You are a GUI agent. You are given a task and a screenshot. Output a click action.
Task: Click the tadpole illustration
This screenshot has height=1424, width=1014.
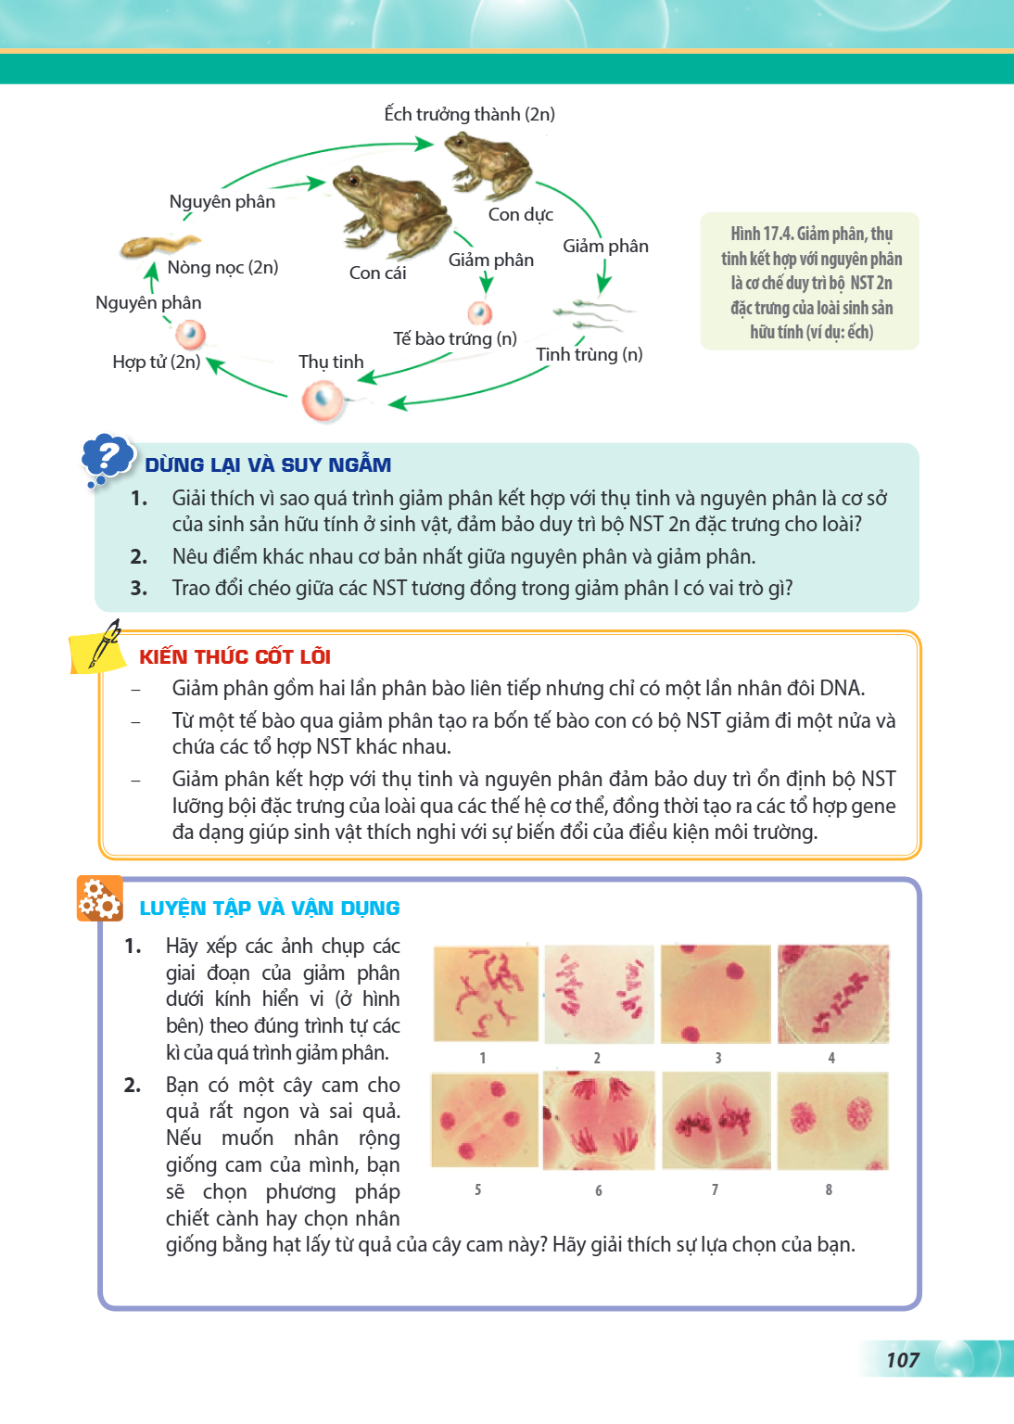point(160,244)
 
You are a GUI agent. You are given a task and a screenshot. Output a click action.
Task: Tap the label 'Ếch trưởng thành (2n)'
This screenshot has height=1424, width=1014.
point(469,114)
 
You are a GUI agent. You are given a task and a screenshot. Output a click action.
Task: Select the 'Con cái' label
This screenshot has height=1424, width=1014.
point(377,273)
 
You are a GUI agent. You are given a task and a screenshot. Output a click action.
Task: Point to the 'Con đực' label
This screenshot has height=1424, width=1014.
point(521,214)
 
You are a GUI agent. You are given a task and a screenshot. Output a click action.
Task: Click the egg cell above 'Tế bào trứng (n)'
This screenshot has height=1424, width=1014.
point(480,312)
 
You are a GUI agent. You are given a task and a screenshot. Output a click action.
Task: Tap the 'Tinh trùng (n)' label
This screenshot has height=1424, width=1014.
point(589,354)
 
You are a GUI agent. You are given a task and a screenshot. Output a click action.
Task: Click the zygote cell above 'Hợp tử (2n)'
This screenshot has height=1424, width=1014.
point(190,335)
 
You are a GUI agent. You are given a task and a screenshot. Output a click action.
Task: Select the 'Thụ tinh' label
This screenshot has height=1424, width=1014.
point(331,362)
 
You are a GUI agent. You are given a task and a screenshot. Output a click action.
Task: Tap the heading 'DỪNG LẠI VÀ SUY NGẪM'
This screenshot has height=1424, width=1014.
point(268,464)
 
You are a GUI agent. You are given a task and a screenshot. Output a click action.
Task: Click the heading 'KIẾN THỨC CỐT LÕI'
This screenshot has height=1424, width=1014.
point(234,656)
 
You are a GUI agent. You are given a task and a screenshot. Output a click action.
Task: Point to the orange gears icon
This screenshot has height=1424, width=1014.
point(99,898)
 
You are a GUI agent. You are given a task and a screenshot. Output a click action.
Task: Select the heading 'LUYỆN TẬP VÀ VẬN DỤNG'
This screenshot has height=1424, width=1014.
point(270,908)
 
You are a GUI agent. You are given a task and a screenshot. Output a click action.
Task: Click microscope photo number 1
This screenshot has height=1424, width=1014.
point(486,994)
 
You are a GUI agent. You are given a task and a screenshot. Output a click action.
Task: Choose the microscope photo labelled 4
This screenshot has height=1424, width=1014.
point(833,994)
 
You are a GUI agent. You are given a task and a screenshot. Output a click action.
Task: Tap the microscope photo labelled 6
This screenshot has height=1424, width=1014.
point(598,1121)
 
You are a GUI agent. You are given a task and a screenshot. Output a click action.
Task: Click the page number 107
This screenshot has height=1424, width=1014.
point(903,1360)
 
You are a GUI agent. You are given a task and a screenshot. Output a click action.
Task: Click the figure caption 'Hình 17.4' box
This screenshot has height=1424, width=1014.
point(810,281)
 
